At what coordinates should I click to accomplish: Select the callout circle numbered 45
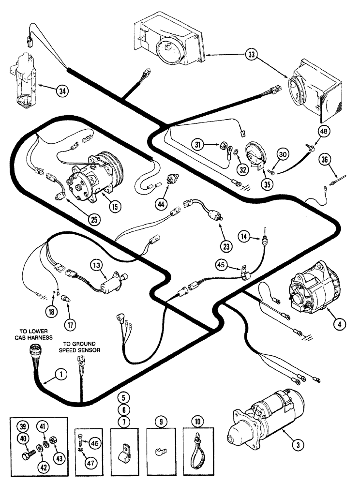[x=221, y=265]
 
